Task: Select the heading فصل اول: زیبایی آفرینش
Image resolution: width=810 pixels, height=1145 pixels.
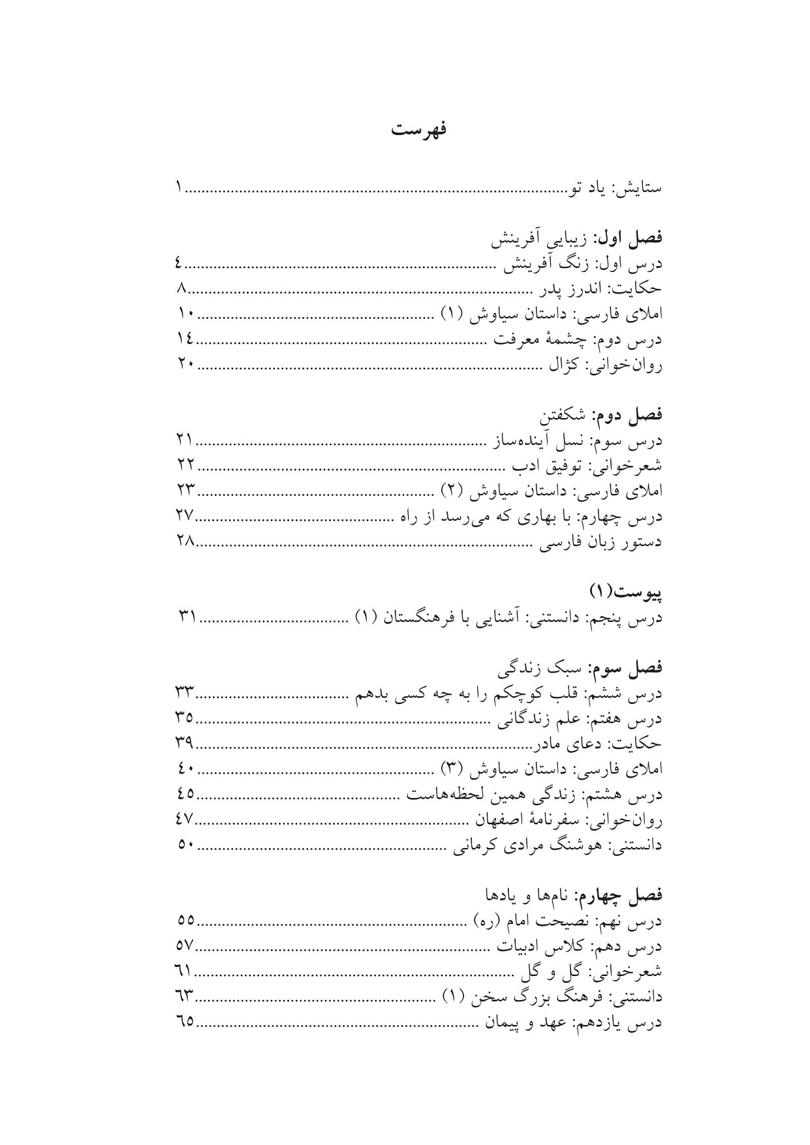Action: coord(577,239)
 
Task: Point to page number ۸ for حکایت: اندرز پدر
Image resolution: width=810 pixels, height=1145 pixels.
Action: coord(182,289)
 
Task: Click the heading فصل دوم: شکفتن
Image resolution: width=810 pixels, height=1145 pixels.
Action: coord(600,415)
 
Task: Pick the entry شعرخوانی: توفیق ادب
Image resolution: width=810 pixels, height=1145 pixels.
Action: coord(587,466)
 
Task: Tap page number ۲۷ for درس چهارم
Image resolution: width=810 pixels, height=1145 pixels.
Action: coord(185,515)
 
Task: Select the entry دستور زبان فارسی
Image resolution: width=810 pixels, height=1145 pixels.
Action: coord(600,542)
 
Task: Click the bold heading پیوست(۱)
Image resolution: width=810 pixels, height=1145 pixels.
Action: coord(626,592)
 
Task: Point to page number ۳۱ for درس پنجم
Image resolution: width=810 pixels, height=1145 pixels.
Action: coord(187,617)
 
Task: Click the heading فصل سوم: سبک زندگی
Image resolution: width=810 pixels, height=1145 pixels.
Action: coord(580,668)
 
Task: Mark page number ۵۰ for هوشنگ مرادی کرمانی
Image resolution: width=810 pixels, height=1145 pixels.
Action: coord(185,844)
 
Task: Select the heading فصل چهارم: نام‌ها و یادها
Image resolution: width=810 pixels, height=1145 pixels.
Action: coord(573,895)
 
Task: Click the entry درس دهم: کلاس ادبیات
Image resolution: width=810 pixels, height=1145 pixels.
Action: coord(580,946)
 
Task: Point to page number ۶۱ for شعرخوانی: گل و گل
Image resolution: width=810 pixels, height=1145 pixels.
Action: coord(184,971)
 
